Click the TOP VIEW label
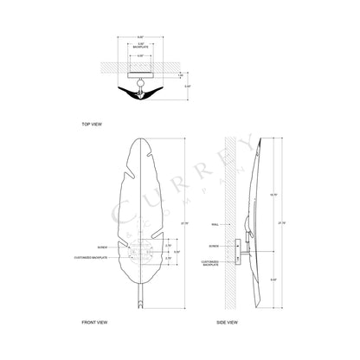point(92,124)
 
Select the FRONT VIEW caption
point(95,321)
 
